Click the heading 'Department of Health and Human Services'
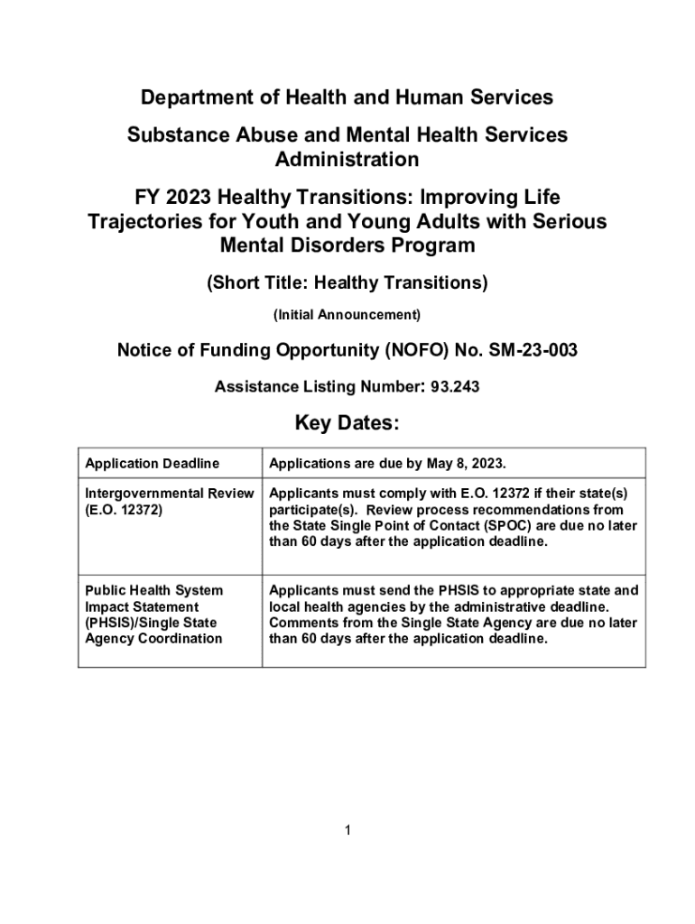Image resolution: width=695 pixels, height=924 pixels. pyautogui.click(x=347, y=97)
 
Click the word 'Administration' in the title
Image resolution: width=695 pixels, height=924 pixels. pyautogui.click(x=347, y=160)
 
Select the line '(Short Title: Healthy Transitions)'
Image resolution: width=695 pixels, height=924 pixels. pyautogui.click(x=347, y=283)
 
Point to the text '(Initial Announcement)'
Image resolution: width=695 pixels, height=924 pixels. pyautogui.click(x=347, y=316)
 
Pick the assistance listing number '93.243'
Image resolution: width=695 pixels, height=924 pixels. pyautogui.click(x=455, y=387)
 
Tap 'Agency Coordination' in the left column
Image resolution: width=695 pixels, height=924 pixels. pyautogui.click(x=153, y=639)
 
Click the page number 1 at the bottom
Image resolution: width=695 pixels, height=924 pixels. pyautogui.click(x=347, y=830)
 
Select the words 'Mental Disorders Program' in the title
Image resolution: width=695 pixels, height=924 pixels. pyautogui.click(x=347, y=245)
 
